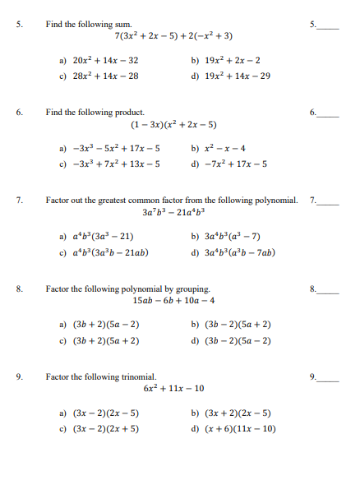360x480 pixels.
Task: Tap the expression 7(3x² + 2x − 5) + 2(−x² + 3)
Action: [174, 36]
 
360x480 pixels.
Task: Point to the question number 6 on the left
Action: [18, 111]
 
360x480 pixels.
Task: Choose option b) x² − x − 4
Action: [218, 149]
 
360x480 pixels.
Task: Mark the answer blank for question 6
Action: [329, 112]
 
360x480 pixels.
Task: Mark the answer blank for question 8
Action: [329, 289]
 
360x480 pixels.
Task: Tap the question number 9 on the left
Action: [18, 376]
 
